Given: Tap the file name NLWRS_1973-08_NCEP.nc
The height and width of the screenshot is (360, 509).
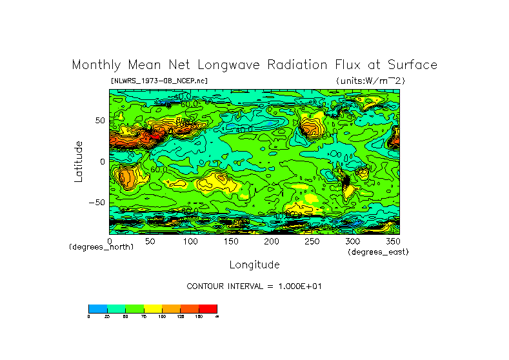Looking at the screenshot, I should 159,81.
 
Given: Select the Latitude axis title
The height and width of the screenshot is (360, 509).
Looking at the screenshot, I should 79,161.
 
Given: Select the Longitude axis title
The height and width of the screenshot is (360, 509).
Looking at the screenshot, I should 254,265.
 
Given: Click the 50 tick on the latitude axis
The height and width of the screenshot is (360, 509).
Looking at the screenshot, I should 100,121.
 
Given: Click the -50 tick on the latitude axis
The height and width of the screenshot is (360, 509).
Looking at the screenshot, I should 97,203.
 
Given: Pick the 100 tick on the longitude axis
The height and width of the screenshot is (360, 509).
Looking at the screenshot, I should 190,241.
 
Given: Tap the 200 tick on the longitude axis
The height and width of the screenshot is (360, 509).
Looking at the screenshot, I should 271,241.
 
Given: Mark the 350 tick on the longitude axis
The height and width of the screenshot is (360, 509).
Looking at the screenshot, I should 392,241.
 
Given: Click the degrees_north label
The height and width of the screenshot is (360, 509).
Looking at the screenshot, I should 101,247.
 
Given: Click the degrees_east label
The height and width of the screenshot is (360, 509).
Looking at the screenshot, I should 378,252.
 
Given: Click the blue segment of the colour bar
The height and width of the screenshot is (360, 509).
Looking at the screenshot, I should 97,308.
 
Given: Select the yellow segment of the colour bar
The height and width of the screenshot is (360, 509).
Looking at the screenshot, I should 152,308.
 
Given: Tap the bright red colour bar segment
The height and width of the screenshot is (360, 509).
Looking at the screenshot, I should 208,308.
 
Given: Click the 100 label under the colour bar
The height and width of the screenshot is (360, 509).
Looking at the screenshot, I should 161,316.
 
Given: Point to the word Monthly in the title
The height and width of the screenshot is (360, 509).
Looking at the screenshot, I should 95,65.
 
